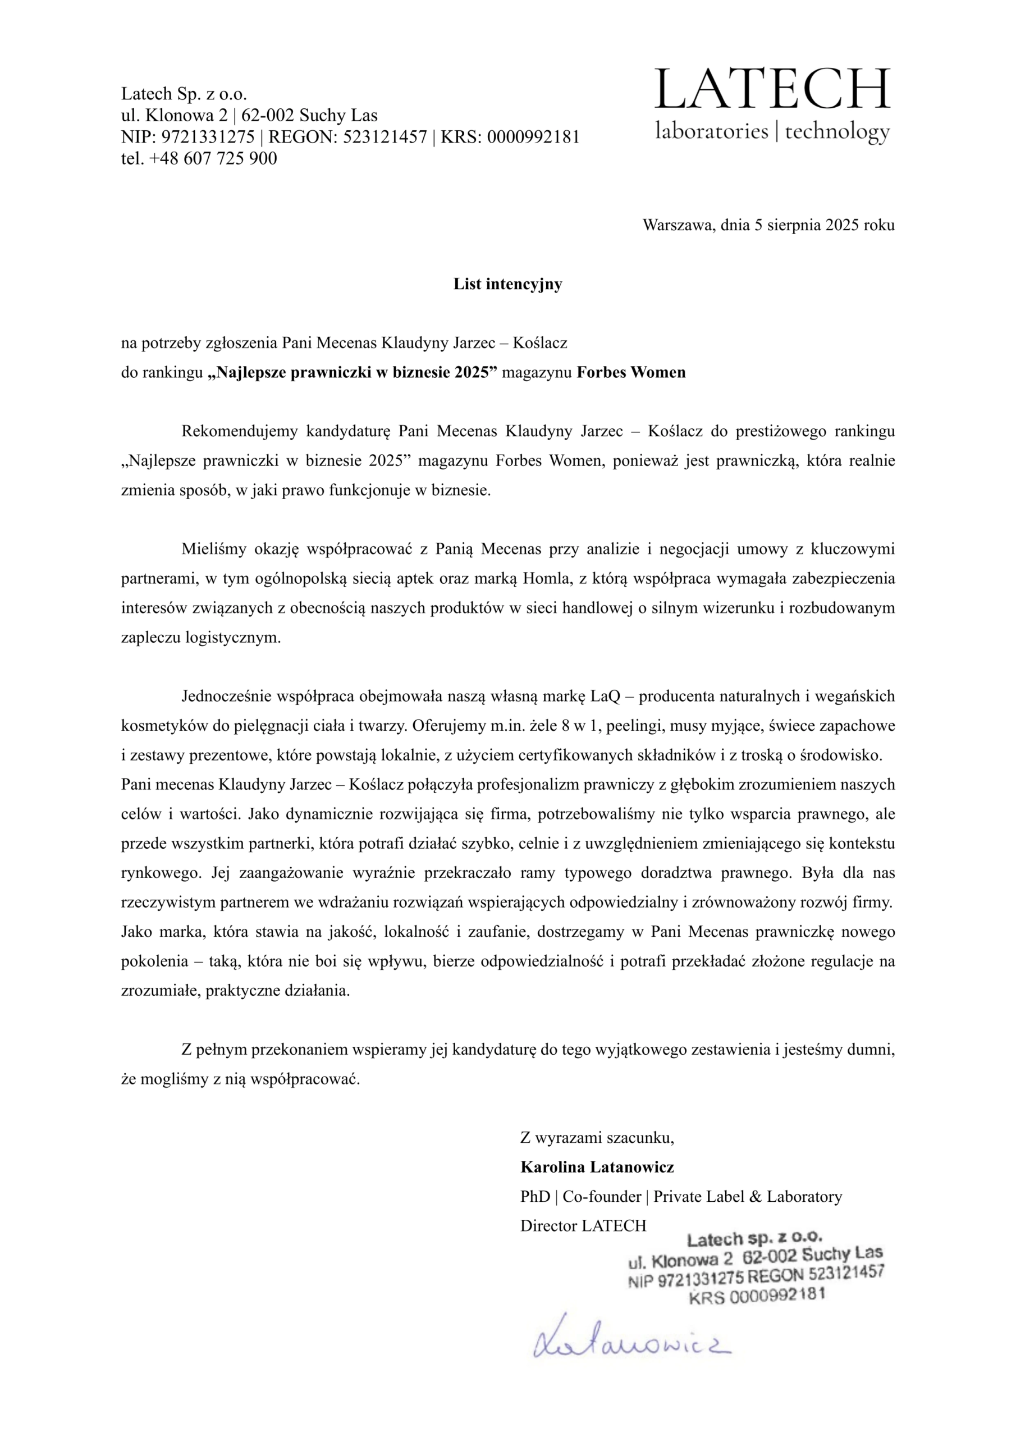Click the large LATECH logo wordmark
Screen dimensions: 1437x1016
point(772,89)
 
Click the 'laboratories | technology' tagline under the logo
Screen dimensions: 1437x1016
point(772,131)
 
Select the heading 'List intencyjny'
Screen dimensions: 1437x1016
point(507,284)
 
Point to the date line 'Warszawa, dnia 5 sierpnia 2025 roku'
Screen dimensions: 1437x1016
point(768,225)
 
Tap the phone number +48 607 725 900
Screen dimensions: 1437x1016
point(213,158)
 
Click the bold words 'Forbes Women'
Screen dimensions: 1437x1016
point(631,372)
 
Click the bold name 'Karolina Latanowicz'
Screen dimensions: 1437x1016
point(597,1166)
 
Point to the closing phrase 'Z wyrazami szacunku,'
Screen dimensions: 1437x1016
point(597,1137)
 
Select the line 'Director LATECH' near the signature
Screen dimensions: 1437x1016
point(583,1225)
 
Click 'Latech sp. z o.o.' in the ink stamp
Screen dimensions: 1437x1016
point(754,1239)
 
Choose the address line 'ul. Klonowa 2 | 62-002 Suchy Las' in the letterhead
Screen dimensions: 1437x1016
point(249,116)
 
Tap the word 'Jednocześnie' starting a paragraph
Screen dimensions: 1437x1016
point(229,696)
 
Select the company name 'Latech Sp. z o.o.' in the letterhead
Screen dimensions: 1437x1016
point(184,94)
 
